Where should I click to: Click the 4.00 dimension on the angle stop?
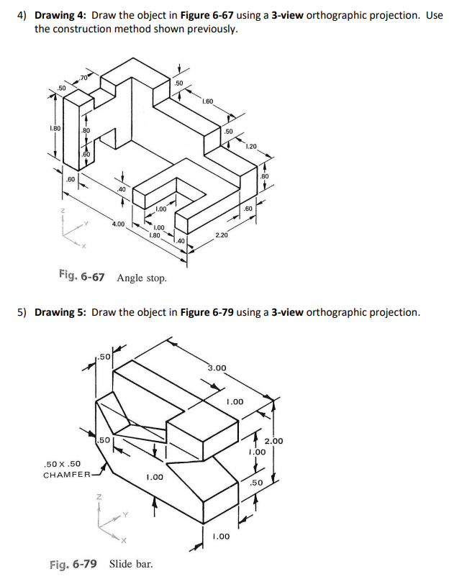pos(118,224)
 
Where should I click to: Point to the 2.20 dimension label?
pos(222,235)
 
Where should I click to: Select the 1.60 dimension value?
pos(208,101)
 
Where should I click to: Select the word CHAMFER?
pos(67,475)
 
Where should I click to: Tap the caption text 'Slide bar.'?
pos(131,563)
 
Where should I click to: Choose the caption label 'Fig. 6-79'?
pos(74,563)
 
